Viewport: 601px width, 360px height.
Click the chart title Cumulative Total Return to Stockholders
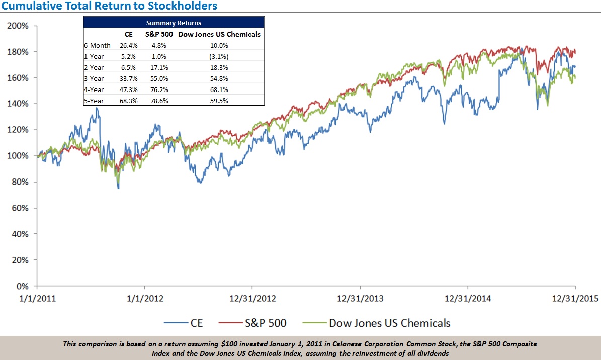(109, 6)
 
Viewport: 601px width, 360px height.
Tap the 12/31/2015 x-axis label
(575, 298)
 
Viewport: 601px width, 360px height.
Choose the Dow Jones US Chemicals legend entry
(389, 323)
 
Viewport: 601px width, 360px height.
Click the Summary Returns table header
(174, 23)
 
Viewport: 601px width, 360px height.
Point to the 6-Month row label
(97, 45)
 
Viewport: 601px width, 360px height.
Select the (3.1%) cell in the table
(219, 56)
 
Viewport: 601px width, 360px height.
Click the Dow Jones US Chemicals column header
(219, 34)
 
